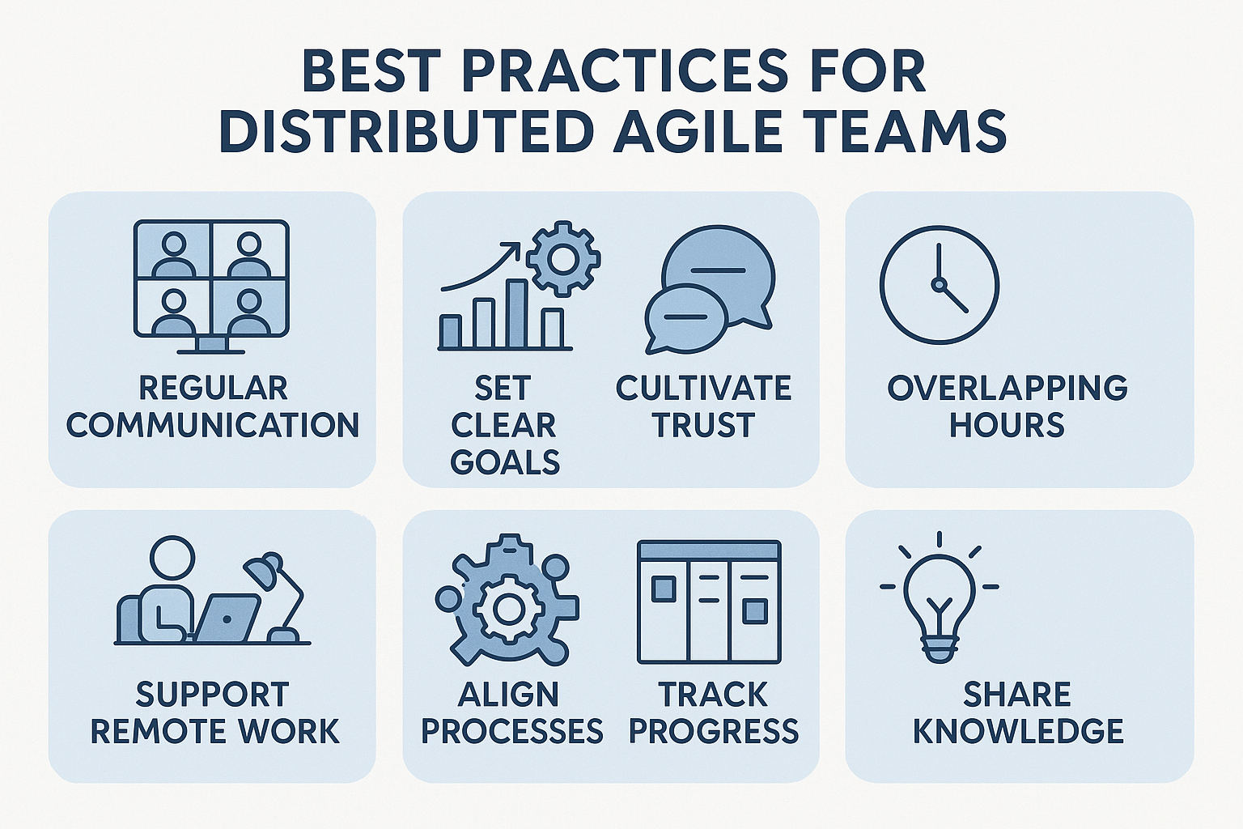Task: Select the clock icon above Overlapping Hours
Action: (940, 285)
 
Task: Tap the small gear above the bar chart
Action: (562, 260)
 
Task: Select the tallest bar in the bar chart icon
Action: (516, 314)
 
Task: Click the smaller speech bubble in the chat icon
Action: (686, 319)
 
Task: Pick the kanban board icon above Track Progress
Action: (709, 602)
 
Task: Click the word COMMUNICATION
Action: (213, 425)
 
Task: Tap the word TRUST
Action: (703, 425)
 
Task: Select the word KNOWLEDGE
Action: (1018, 731)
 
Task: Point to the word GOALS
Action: (506, 462)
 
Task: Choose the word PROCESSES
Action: (512, 731)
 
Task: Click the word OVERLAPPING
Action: (1008, 388)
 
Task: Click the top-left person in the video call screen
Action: (174, 253)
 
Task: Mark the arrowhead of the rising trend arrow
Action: (514, 248)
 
